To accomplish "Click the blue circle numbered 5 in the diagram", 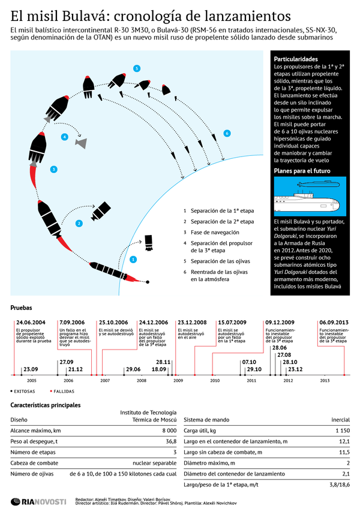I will pos(137,69).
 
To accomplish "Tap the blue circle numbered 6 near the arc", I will pos(227,132).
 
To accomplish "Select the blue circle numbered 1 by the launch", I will pos(133,260).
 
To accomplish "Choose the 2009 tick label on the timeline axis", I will pos(178,381).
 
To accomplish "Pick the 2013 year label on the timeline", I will pos(325,381).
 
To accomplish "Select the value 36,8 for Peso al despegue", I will pos(170,441).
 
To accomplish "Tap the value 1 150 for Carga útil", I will pos(341,430).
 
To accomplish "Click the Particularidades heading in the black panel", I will pos(296,60).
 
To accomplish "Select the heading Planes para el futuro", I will pos(301,171).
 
